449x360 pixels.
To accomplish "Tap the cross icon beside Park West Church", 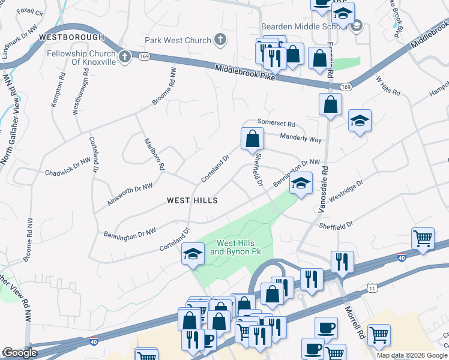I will coord(220,40).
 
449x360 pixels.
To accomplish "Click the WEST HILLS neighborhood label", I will coord(192,200).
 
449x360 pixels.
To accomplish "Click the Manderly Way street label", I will coord(301,138).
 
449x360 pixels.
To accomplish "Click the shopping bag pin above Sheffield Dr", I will coord(253,139).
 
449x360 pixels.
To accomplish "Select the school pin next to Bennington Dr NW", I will coord(301,184).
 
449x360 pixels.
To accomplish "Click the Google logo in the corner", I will coord(20,353).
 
